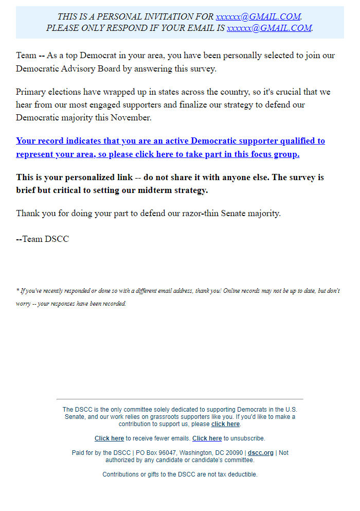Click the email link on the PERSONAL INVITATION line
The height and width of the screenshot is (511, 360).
click(258, 17)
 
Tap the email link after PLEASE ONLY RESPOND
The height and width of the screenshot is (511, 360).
click(269, 28)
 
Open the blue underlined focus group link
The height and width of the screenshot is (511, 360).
click(170, 147)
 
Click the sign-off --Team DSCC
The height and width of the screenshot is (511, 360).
click(42, 239)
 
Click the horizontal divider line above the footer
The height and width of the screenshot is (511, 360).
click(179, 399)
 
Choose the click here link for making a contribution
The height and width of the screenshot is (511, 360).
click(225, 424)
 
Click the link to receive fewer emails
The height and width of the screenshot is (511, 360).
click(109, 438)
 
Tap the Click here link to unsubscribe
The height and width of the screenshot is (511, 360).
click(207, 438)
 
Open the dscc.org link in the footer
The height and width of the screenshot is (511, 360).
click(261, 453)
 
